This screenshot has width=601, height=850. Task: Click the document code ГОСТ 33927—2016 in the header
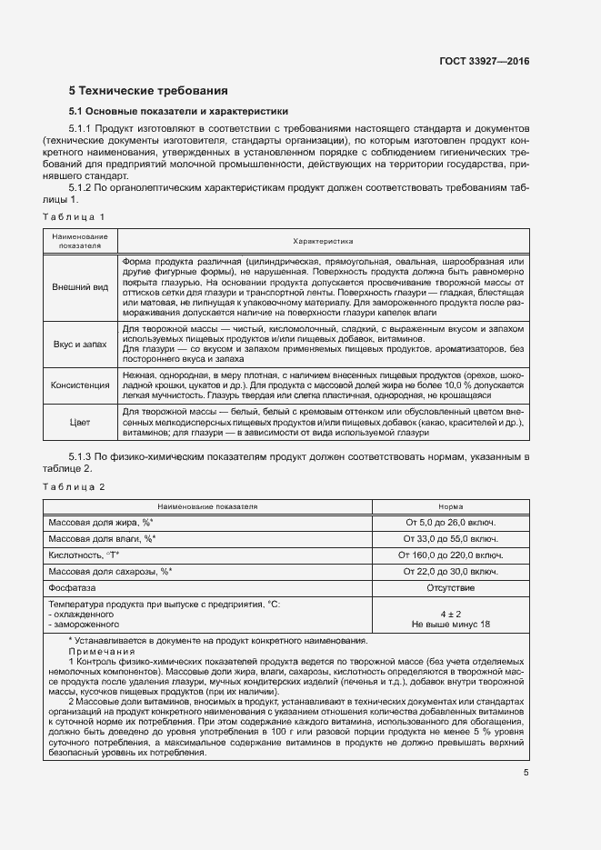[485, 62]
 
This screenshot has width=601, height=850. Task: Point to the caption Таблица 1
[75, 216]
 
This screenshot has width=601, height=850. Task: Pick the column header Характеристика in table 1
[323, 241]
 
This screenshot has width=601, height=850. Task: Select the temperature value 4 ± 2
[450, 614]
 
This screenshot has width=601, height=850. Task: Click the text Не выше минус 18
[450, 625]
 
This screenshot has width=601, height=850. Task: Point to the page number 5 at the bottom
[525, 773]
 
